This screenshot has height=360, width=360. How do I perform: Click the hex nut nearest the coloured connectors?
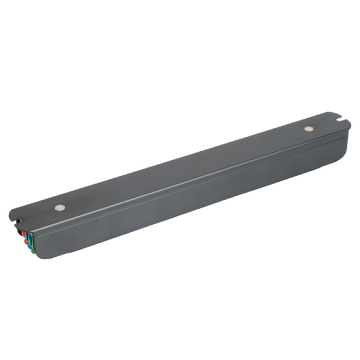pos(59,207)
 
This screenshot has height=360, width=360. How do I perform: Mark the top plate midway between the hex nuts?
pos(183,168)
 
